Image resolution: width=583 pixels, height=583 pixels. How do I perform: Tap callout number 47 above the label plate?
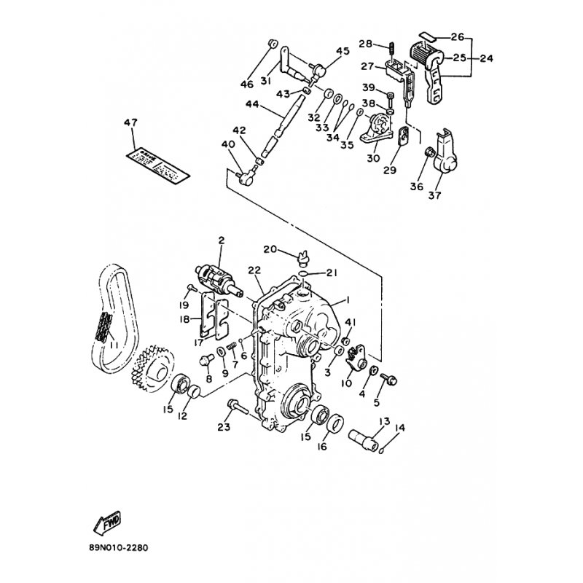click(x=131, y=124)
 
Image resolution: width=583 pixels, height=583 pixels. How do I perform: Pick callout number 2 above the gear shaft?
click(x=221, y=240)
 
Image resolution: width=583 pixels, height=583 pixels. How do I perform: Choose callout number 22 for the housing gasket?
click(x=254, y=270)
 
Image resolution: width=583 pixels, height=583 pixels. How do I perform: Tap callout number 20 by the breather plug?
click(x=270, y=249)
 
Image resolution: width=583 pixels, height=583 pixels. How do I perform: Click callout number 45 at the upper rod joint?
click(x=343, y=51)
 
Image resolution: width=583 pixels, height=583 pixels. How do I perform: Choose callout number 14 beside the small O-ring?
click(x=398, y=429)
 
